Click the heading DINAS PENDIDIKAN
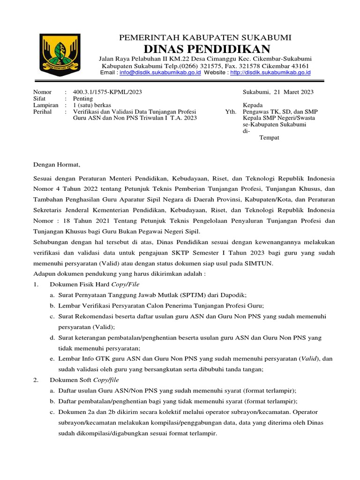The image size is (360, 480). pos(207,49)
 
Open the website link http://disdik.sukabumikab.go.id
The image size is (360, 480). pos(270,73)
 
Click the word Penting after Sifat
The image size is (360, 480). pos(83,99)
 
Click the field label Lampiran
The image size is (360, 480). pos(45,105)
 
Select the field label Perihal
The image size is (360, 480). pos(43,112)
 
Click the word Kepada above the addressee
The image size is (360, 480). pos(253,105)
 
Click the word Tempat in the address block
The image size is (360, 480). pos(269,138)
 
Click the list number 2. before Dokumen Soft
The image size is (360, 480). pos(36,380)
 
